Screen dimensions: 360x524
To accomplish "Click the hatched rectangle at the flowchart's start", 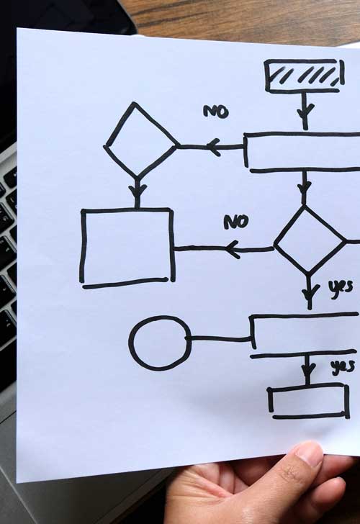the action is pyautogui.click(x=304, y=76).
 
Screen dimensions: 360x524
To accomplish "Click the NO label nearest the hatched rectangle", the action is pyautogui.click(x=216, y=112).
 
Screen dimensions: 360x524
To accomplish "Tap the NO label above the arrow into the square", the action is pyautogui.click(x=236, y=222).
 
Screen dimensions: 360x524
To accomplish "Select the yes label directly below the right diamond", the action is pyautogui.click(x=341, y=287).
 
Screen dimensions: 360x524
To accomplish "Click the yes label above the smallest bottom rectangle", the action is pyautogui.click(x=343, y=367).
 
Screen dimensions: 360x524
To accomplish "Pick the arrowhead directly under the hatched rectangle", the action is pyautogui.click(x=305, y=111).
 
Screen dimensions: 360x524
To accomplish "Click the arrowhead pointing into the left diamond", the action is pyautogui.click(x=213, y=147).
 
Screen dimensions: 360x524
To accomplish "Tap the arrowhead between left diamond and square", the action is pyautogui.click(x=137, y=191).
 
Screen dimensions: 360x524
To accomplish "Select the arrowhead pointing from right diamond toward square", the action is pyautogui.click(x=233, y=249).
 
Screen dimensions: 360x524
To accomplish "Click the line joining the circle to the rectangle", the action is pyautogui.click(x=220, y=339).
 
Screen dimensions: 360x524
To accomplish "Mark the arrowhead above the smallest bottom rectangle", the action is pyautogui.click(x=308, y=369).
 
